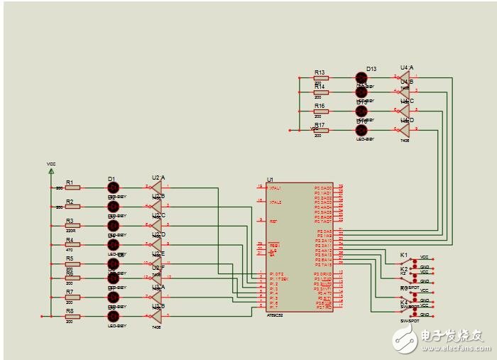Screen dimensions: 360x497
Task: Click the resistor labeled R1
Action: tap(72, 187)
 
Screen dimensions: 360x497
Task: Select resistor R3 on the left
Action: tap(72, 226)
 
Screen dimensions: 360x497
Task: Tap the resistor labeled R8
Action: tap(72, 316)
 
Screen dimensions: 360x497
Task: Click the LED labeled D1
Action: tap(113, 187)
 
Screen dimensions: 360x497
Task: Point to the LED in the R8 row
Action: tap(113, 316)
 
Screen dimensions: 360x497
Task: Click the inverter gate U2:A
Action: tap(157, 187)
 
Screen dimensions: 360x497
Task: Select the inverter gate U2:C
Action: tap(157, 226)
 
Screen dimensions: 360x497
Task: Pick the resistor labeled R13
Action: tap(321, 77)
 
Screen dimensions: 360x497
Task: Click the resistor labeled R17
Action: tap(321, 130)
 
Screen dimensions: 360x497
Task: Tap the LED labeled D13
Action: tap(361, 77)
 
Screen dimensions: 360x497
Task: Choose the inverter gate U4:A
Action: tap(405, 77)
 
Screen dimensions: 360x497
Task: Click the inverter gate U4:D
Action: tap(405, 130)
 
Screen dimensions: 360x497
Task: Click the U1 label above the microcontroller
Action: tap(270, 180)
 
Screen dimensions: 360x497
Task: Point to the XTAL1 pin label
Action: tap(275, 188)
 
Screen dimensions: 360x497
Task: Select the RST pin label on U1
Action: tap(273, 222)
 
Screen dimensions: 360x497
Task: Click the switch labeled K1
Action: tap(410, 260)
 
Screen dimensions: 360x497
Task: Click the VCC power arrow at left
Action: tap(51, 170)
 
